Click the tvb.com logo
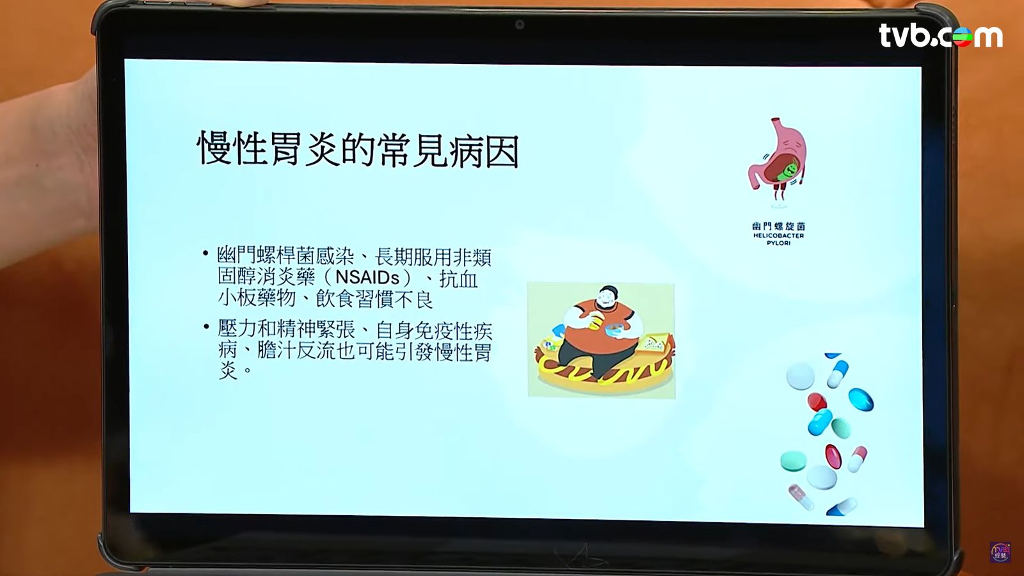click(941, 36)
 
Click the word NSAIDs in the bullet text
click(367, 278)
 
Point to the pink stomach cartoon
click(777, 160)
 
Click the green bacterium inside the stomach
click(790, 170)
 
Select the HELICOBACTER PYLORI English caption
click(778, 239)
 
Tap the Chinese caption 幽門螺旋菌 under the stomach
click(778, 226)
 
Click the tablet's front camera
click(519, 25)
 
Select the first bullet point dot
click(205, 253)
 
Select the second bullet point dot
click(205, 326)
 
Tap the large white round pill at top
click(801, 376)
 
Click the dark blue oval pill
click(861, 399)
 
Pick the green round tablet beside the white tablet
click(793, 461)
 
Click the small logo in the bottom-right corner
click(1000, 552)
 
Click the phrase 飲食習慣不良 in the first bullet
click(374, 299)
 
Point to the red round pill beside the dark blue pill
click(817, 402)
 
